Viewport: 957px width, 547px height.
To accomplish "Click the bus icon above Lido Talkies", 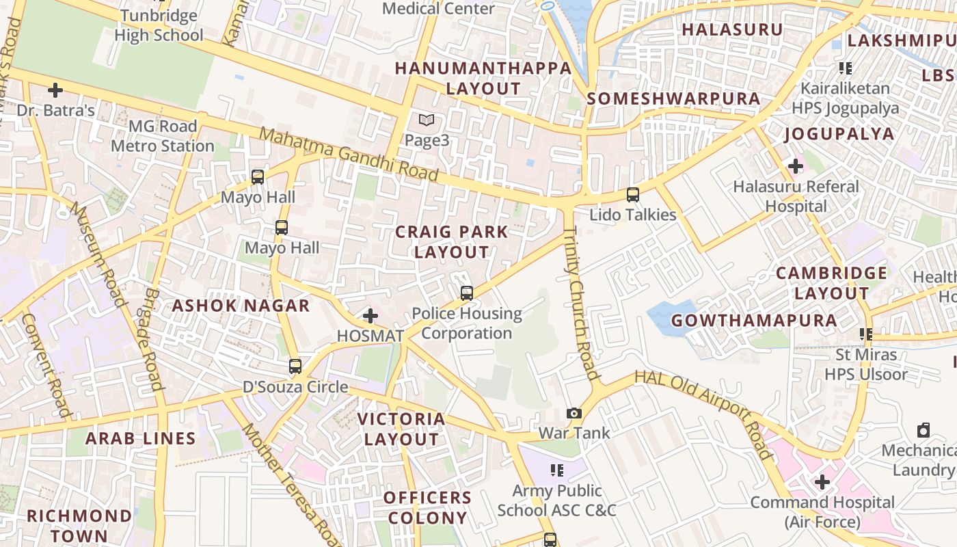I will [633, 195].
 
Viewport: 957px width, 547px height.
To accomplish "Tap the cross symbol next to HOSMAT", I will [370, 316].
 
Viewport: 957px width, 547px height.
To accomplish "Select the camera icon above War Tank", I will [574, 413].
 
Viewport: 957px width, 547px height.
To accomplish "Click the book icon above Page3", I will [427, 120].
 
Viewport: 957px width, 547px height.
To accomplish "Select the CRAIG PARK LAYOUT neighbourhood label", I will [452, 242].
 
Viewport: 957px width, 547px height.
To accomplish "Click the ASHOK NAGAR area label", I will [241, 306].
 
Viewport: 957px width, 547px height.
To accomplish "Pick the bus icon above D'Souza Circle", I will [295, 366].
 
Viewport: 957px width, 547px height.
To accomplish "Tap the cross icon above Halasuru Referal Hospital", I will [795, 165].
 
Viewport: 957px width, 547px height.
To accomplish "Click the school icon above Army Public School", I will [557, 470].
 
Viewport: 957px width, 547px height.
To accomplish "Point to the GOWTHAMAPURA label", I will [754, 321].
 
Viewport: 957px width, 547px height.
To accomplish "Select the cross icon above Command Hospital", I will [822, 482].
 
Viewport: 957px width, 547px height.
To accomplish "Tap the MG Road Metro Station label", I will [163, 136].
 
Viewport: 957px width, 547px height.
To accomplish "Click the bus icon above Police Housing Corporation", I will [467, 293].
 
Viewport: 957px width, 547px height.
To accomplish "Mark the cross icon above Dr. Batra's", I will [55, 90].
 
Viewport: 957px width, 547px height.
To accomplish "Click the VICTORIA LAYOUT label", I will [401, 429].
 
